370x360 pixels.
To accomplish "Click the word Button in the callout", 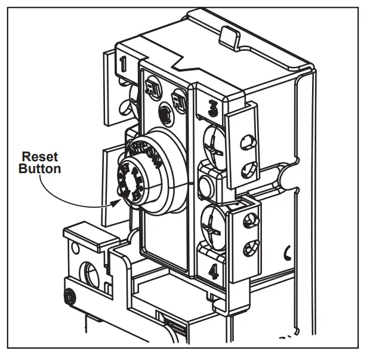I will (x=40, y=169).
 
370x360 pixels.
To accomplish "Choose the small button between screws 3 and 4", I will (x=206, y=185).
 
